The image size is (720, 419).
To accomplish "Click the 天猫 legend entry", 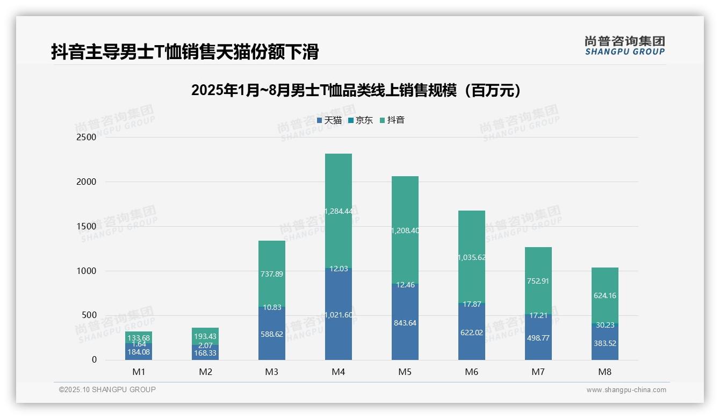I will tap(330, 120).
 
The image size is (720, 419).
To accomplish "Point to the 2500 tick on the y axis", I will tap(86, 138).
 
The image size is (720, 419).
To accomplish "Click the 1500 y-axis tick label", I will tap(86, 227).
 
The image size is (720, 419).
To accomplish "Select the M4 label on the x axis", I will tap(339, 372).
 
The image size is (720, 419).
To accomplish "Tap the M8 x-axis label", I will tap(605, 372).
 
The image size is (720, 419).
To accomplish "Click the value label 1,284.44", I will tap(339, 211).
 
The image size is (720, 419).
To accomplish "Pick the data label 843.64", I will tap(405, 323).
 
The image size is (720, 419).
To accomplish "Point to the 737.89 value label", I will tap(272, 274).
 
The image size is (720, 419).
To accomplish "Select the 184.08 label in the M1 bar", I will tap(139, 352).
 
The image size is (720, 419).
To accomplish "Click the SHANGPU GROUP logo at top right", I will tap(624, 46).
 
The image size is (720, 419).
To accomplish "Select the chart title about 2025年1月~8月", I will tap(356, 90).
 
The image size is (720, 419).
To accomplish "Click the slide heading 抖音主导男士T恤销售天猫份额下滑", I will tap(185, 52).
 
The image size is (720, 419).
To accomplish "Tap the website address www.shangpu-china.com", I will tap(626, 390).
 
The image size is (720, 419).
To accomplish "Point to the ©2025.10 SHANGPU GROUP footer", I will tap(107, 389).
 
